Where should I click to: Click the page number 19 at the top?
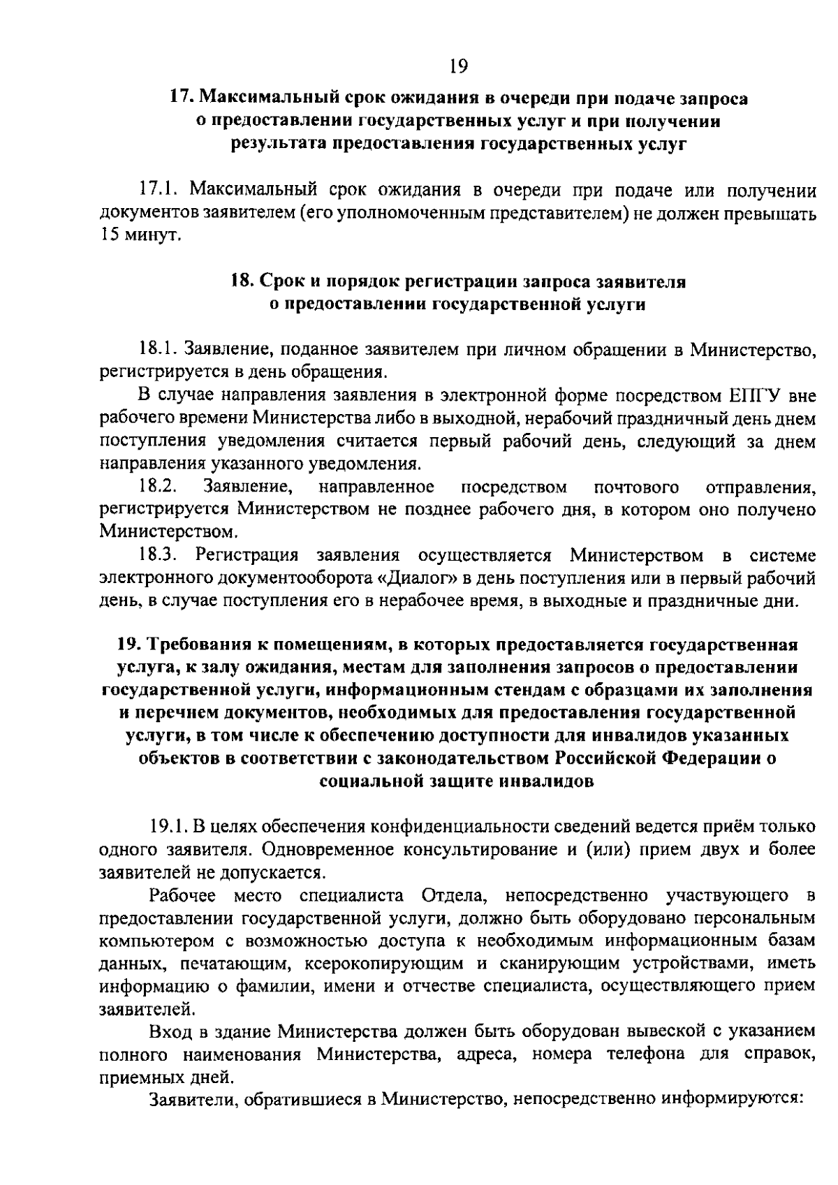[458, 66]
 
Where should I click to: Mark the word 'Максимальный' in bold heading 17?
[274, 99]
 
